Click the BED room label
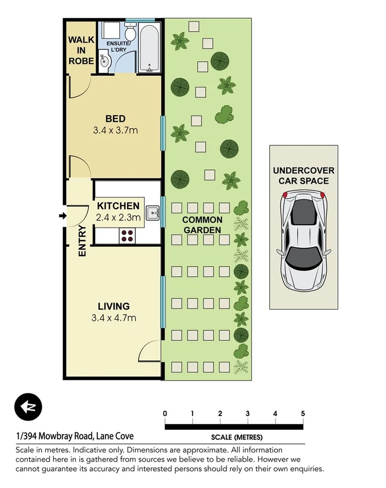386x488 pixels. (115, 119)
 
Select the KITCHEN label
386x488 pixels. (118, 206)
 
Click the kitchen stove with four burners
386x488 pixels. (127, 236)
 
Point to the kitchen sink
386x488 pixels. (152, 213)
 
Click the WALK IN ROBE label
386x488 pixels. (81, 50)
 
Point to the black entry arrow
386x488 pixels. (63, 216)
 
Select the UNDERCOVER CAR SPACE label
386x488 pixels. (303, 175)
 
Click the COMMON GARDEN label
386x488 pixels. (202, 225)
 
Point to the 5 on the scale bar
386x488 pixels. (303, 413)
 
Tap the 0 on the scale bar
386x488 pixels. (165, 413)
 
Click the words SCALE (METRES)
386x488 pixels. (236, 438)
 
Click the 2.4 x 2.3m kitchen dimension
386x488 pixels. (118, 218)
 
